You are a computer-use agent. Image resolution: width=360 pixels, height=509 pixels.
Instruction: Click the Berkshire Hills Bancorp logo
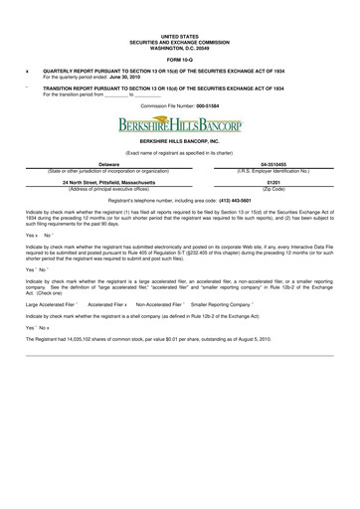pos(179,125)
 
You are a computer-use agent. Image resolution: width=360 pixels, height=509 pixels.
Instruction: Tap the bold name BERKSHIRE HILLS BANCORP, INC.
pos(179,144)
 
